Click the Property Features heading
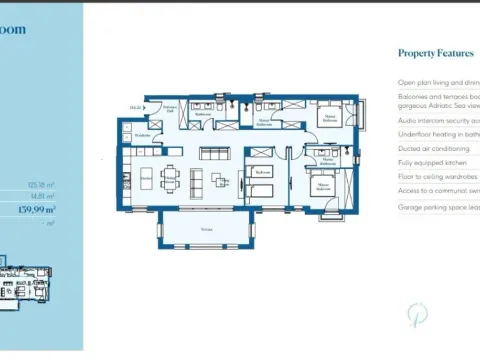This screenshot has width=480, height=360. click(x=435, y=53)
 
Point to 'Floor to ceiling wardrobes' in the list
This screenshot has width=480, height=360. click(x=438, y=176)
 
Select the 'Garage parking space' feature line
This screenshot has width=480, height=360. click(x=438, y=207)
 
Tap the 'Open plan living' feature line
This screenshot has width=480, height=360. click(x=438, y=83)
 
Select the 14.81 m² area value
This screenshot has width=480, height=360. click(x=42, y=197)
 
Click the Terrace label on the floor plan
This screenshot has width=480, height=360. click(x=206, y=229)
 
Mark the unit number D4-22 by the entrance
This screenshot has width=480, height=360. click(x=134, y=107)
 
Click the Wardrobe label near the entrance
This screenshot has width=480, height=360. click(x=143, y=135)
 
